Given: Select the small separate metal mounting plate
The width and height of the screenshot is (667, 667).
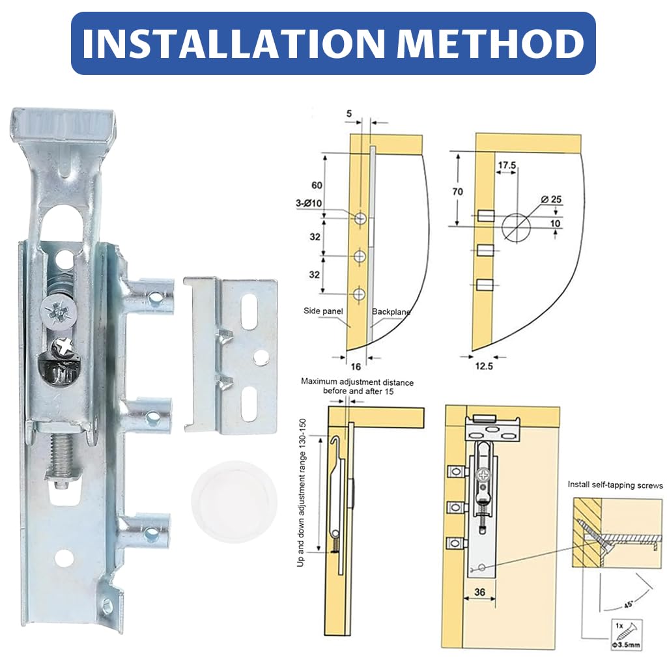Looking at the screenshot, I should tap(231, 355).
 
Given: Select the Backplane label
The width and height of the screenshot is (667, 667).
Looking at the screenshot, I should tap(391, 312).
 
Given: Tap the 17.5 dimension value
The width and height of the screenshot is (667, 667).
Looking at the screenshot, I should tap(507, 166).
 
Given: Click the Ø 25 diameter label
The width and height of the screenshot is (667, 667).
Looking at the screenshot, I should tap(552, 198).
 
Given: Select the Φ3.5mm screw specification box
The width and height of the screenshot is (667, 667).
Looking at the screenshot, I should tap(627, 634).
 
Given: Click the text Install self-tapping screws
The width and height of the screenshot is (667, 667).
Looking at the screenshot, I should tap(615, 485).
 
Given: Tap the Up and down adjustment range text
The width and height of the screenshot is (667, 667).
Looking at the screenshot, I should tap(301, 492).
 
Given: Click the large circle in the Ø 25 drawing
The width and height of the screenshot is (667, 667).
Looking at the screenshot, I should tap(517, 226).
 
